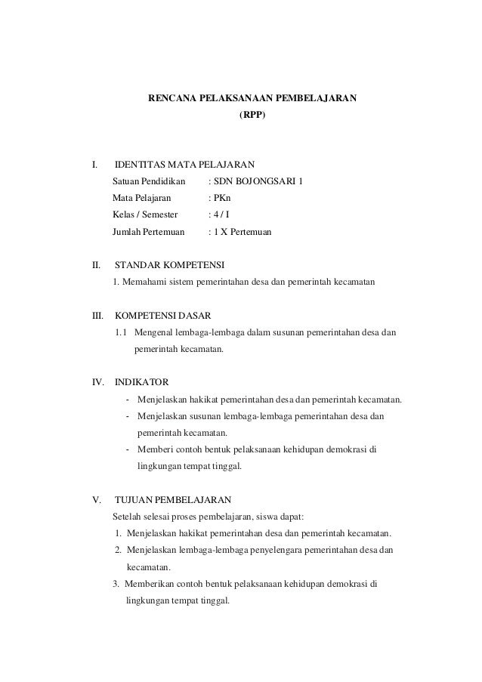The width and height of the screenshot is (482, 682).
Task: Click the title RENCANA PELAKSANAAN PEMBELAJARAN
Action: (252, 98)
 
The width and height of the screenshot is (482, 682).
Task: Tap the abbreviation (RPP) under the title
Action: (252, 118)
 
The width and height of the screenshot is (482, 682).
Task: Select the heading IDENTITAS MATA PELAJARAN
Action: (184, 164)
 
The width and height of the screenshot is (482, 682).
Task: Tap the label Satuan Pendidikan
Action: (149, 181)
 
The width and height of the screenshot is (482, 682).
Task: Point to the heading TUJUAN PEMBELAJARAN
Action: (173, 500)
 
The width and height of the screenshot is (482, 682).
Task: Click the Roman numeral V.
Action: (94, 500)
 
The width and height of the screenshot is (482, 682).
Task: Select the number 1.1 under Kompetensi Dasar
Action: (121, 333)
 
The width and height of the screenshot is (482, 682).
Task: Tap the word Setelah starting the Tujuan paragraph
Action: (128, 517)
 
